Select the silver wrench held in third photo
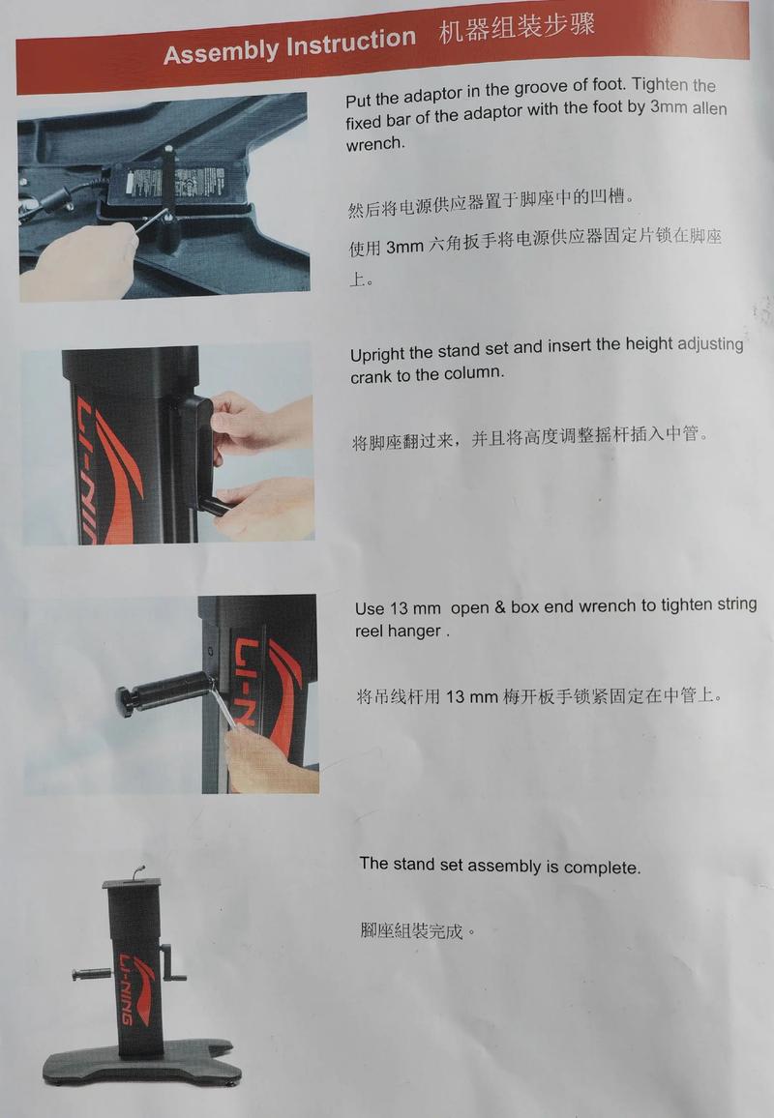[225, 713]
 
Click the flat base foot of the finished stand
[141, 1064]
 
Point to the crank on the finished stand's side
[173, 963]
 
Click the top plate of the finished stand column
[133, 883]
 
